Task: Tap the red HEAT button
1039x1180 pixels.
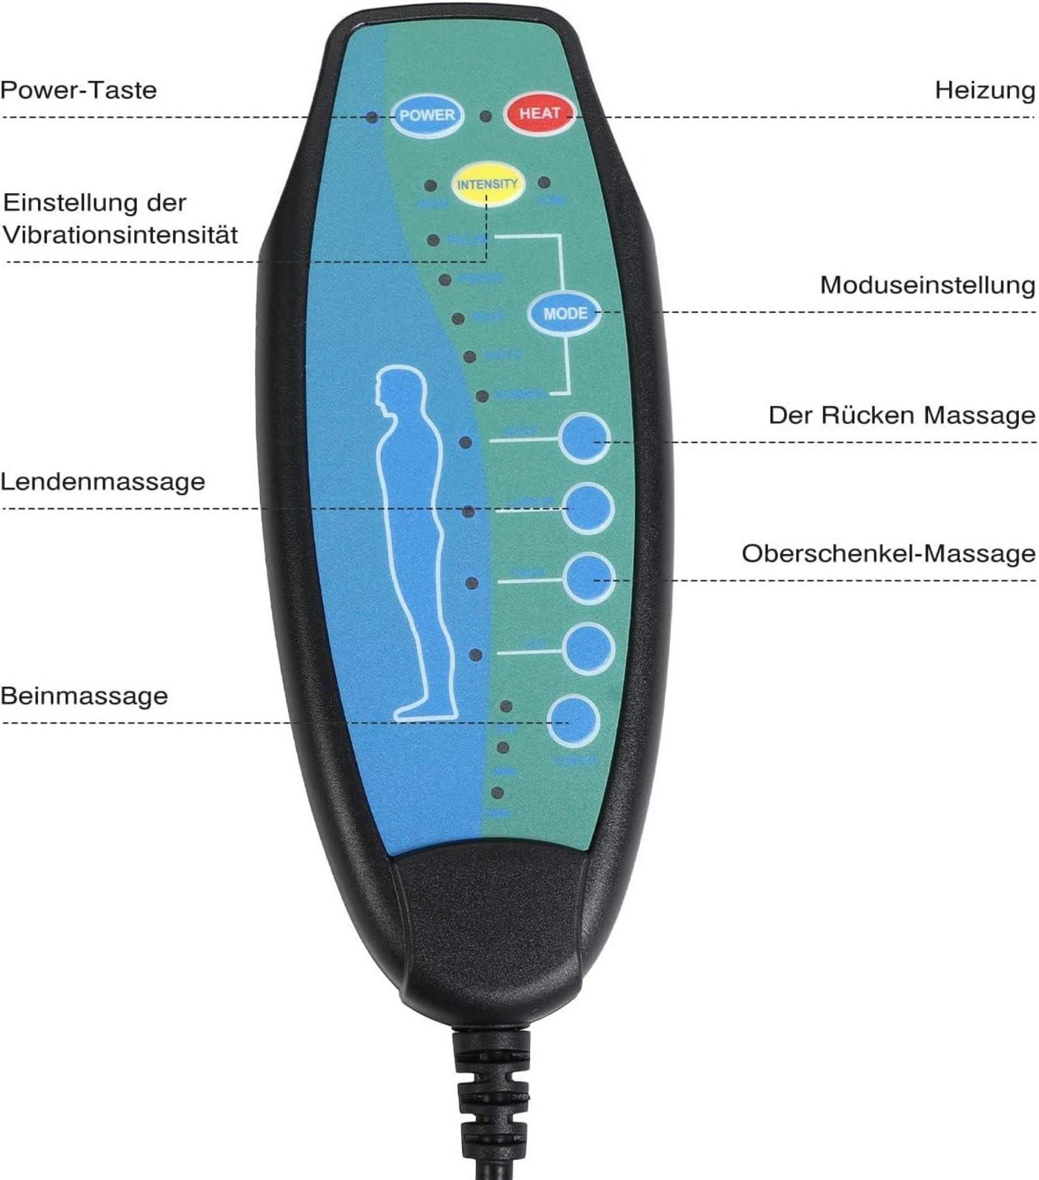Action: [x=540, y=114]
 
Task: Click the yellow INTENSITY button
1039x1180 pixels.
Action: [x=487, y=184]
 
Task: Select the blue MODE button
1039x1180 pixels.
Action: [x=565, y=314]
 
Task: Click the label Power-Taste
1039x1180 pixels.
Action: [x=78, y=90]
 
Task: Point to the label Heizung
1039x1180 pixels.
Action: [x=984, y=90]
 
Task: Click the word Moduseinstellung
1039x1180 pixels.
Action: [x=927, y=285]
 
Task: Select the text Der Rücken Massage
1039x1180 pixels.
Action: [x=901, y=415]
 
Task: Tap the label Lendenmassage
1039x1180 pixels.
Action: [x=103, y=481]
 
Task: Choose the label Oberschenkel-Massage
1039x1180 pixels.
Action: [x=888, y=553]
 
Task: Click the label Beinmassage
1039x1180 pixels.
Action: [x=84, y=695]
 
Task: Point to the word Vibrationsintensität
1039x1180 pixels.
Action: [x=120, y=235]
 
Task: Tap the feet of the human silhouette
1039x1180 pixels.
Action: [x=424, y=710]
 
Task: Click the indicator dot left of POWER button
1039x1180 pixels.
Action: [x=373, y=117]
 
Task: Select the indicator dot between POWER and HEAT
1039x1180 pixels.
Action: [x=486, y=116]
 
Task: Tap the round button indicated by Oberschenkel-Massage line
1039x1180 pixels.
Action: [x=588, y=579]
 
